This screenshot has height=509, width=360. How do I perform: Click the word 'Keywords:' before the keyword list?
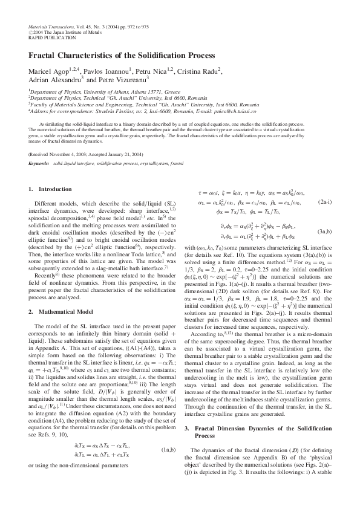pos(39,163)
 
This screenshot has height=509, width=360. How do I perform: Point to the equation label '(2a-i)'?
pos(324,201)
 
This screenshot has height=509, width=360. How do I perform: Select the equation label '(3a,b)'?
pos(324,232)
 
